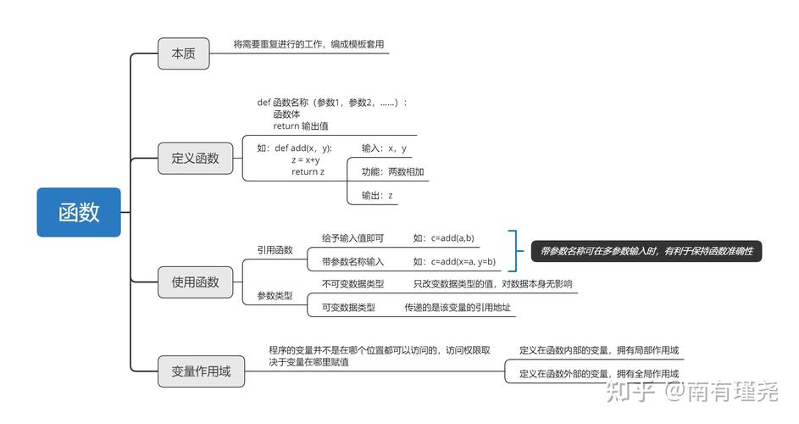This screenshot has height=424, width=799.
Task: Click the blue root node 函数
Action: point(79,212)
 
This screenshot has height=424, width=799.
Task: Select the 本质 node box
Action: point(183,53)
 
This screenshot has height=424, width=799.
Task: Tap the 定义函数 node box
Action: point(195,158)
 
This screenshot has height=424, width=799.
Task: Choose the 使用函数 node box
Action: point(195,282)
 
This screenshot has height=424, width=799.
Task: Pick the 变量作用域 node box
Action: point(195,371)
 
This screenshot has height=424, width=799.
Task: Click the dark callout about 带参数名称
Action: point(646,251)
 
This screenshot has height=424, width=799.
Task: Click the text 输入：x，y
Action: point(384,148)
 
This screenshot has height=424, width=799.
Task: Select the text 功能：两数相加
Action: point(392,172)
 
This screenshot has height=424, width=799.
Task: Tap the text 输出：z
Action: point(377,196)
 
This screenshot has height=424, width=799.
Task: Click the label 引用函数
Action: point(275,250)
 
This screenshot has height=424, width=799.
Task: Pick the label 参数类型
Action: point(275,296)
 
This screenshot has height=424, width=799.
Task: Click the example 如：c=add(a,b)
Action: point(443,238)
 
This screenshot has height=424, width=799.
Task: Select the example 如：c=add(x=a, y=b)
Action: point(454,262)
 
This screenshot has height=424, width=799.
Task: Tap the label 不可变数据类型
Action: point(352,284)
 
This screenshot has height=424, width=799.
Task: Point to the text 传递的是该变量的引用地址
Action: point(458,308)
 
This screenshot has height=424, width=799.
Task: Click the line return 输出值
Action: point(300,126)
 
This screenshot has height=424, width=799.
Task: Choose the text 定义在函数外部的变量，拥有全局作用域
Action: point(598,374)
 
